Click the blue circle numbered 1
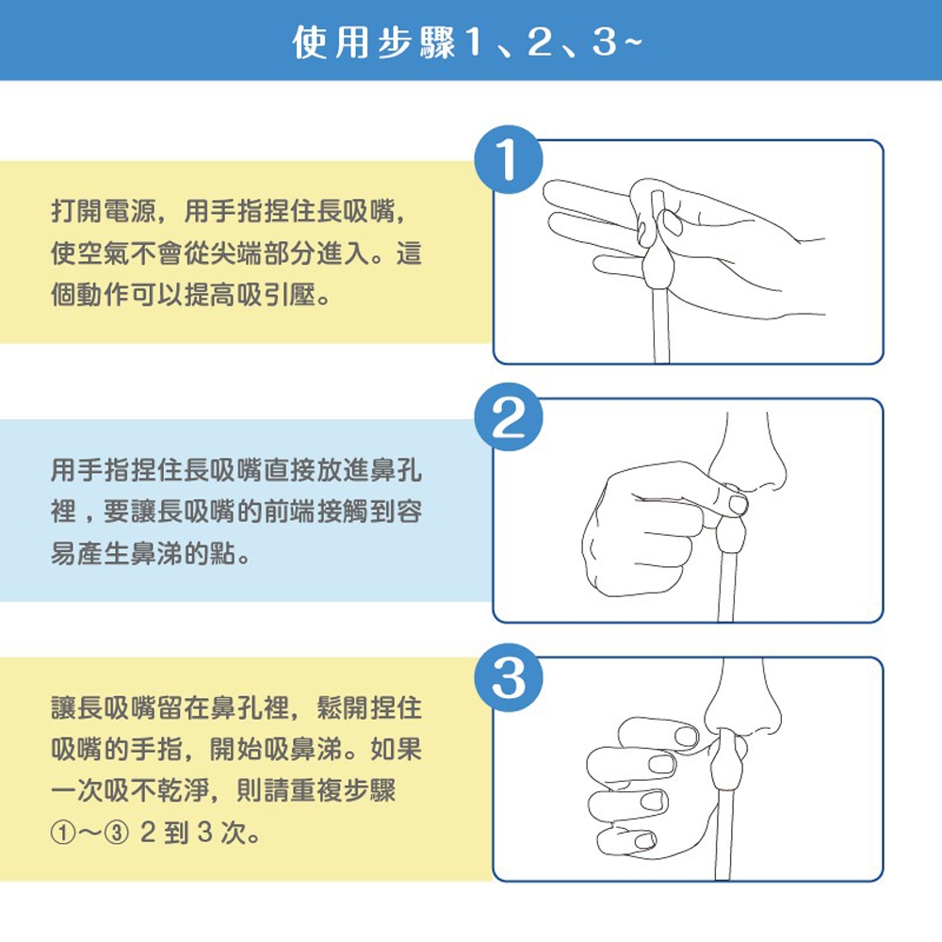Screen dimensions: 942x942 point(509,159)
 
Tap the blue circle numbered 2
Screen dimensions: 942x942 point(509,417)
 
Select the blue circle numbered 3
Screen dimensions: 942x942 point(509,677)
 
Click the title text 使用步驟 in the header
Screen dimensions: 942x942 point(374,42)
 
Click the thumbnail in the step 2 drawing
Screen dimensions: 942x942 point(739,503)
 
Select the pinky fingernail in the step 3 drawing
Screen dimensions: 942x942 point(644,840)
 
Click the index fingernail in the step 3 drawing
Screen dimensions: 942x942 point(686,736)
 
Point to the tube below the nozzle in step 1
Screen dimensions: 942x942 point(661,325)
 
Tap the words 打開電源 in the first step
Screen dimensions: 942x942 point(103,211)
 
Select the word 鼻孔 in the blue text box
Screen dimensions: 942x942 point(396,470)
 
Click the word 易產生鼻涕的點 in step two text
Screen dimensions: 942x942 point(143,553)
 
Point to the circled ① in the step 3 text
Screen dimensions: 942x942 point(62,834)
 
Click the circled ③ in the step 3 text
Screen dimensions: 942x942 point(117,834)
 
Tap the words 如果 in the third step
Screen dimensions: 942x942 point(397,749)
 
